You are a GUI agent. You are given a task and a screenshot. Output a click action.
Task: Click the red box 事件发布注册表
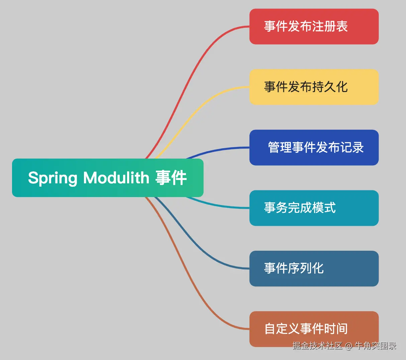[314, 26]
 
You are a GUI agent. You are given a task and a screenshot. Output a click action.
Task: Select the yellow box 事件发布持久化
[314, 87]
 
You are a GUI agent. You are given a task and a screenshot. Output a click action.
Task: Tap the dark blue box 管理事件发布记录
[314, 148]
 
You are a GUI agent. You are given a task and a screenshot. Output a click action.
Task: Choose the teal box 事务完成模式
[314, 208]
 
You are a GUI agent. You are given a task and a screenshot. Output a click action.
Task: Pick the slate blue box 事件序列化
[314, 268]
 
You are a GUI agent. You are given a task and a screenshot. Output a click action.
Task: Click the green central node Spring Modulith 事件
[108, 178]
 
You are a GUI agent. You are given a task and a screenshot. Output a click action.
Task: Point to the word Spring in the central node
[53, 178]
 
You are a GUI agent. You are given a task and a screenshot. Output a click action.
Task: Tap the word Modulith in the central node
[116, 177]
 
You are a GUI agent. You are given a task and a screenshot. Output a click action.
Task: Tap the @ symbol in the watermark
[348, 346]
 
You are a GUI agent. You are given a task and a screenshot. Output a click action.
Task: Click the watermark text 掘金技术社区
[317, 346]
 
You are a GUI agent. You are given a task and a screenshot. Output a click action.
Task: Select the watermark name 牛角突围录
[375, 346]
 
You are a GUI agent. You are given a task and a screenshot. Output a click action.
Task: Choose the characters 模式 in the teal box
[324, 208]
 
